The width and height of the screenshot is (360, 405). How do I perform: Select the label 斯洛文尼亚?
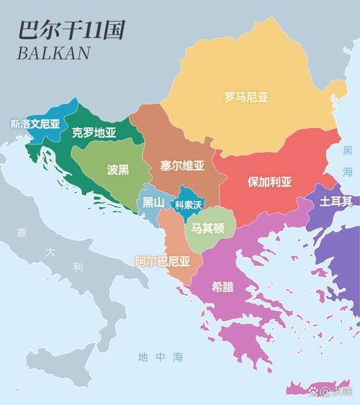(x=35, y=123)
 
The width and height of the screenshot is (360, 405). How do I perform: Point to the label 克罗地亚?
(x=94, y=132)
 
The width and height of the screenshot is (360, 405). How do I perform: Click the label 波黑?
(x=118, y=170)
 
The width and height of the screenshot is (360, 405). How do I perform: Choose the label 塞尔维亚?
(x=183, y=165)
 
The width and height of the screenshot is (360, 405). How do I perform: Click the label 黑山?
(x=153, y=202)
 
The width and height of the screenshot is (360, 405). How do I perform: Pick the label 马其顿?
(x=208, y=229)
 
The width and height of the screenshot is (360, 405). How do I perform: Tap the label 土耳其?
(x=336, y=200)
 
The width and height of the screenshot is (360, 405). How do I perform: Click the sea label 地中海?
(x=161, y=356)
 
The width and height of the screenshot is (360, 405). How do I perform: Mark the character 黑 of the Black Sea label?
(x=348, y=151)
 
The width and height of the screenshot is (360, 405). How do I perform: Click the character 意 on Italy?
(x=22, y=232)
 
